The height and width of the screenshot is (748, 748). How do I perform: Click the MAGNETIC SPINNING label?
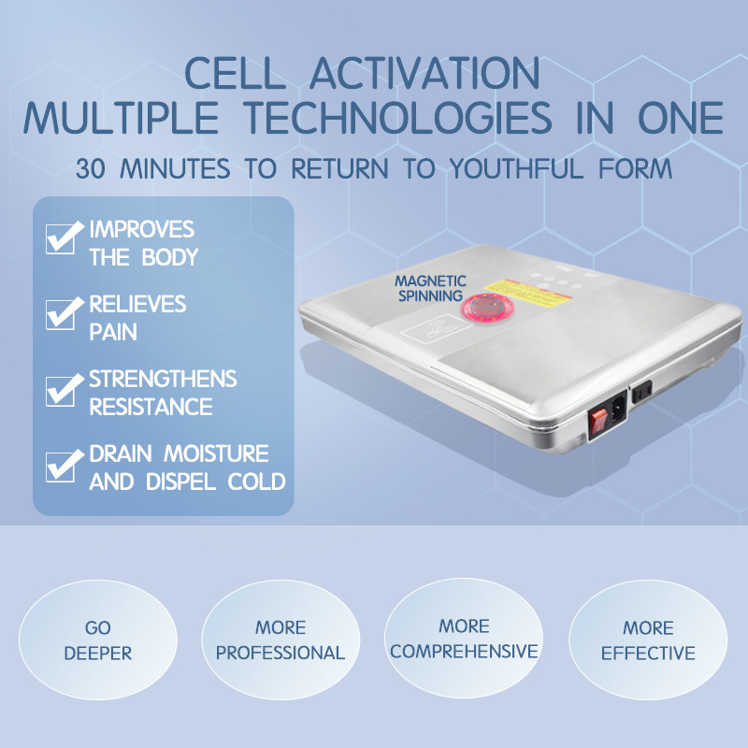tap(428, 288)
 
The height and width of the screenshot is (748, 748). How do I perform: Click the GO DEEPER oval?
tap(98, 640)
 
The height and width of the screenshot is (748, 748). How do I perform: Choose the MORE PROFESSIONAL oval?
tap(280, 640)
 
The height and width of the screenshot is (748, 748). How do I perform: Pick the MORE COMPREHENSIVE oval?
tap(464, 639)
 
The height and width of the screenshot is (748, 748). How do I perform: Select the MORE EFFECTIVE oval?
tap(648, 640)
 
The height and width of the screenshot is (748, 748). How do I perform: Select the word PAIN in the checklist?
tap(114, 332)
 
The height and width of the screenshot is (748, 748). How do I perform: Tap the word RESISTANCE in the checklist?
tap(151, 408)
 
